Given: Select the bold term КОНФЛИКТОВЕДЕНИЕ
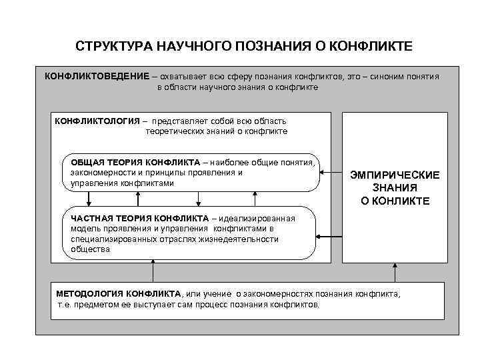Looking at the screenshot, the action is (x=96, y=76).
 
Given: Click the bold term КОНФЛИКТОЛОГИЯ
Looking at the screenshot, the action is (x=96, y=121).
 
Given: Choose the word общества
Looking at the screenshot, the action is (x=87, y=249).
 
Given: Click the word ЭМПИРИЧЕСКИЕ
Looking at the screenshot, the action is (x=395, y=175).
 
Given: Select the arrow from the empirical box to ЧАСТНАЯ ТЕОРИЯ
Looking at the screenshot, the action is (x=329, y=236).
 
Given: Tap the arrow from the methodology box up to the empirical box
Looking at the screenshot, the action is (x=395, y=273).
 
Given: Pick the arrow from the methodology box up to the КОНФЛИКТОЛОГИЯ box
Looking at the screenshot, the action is (x=153, y=273).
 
